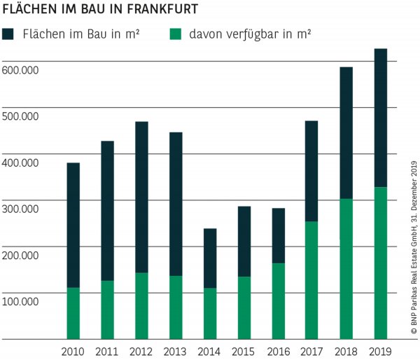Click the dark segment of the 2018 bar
pyautogui.click(x=346, y=133)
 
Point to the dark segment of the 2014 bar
pyautogui.click(x=210, y=258)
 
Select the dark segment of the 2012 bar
pyautogui.click(x=141, y=197)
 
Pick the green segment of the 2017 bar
pyautogui.click(x=312, y=280)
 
